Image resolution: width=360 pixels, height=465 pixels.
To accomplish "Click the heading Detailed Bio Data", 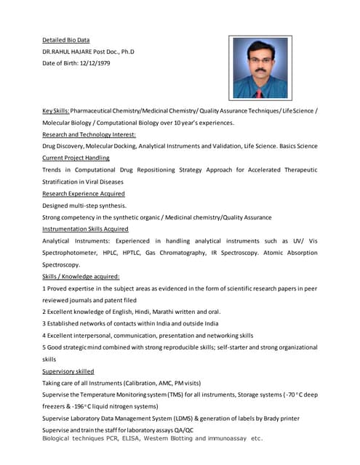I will (65, 40).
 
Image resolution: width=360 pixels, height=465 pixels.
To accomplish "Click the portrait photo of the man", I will (261, 68).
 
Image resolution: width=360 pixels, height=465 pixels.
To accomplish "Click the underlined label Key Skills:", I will (56, 110).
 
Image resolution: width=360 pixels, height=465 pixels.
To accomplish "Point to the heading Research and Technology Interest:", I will (89, 134).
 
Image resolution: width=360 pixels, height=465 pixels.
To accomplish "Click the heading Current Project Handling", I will (76, 158).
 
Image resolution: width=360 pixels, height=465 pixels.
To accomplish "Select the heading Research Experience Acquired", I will (83, 194).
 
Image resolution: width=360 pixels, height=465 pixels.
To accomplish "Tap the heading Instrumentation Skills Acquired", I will (85, 229).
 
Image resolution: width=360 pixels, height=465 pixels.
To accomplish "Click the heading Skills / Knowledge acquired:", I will (81, 276).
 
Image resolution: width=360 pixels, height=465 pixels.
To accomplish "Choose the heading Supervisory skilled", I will (68, 371).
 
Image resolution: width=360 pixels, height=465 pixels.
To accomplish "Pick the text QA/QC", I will (183, 430).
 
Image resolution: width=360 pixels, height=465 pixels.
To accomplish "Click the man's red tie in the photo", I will (260, 93).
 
